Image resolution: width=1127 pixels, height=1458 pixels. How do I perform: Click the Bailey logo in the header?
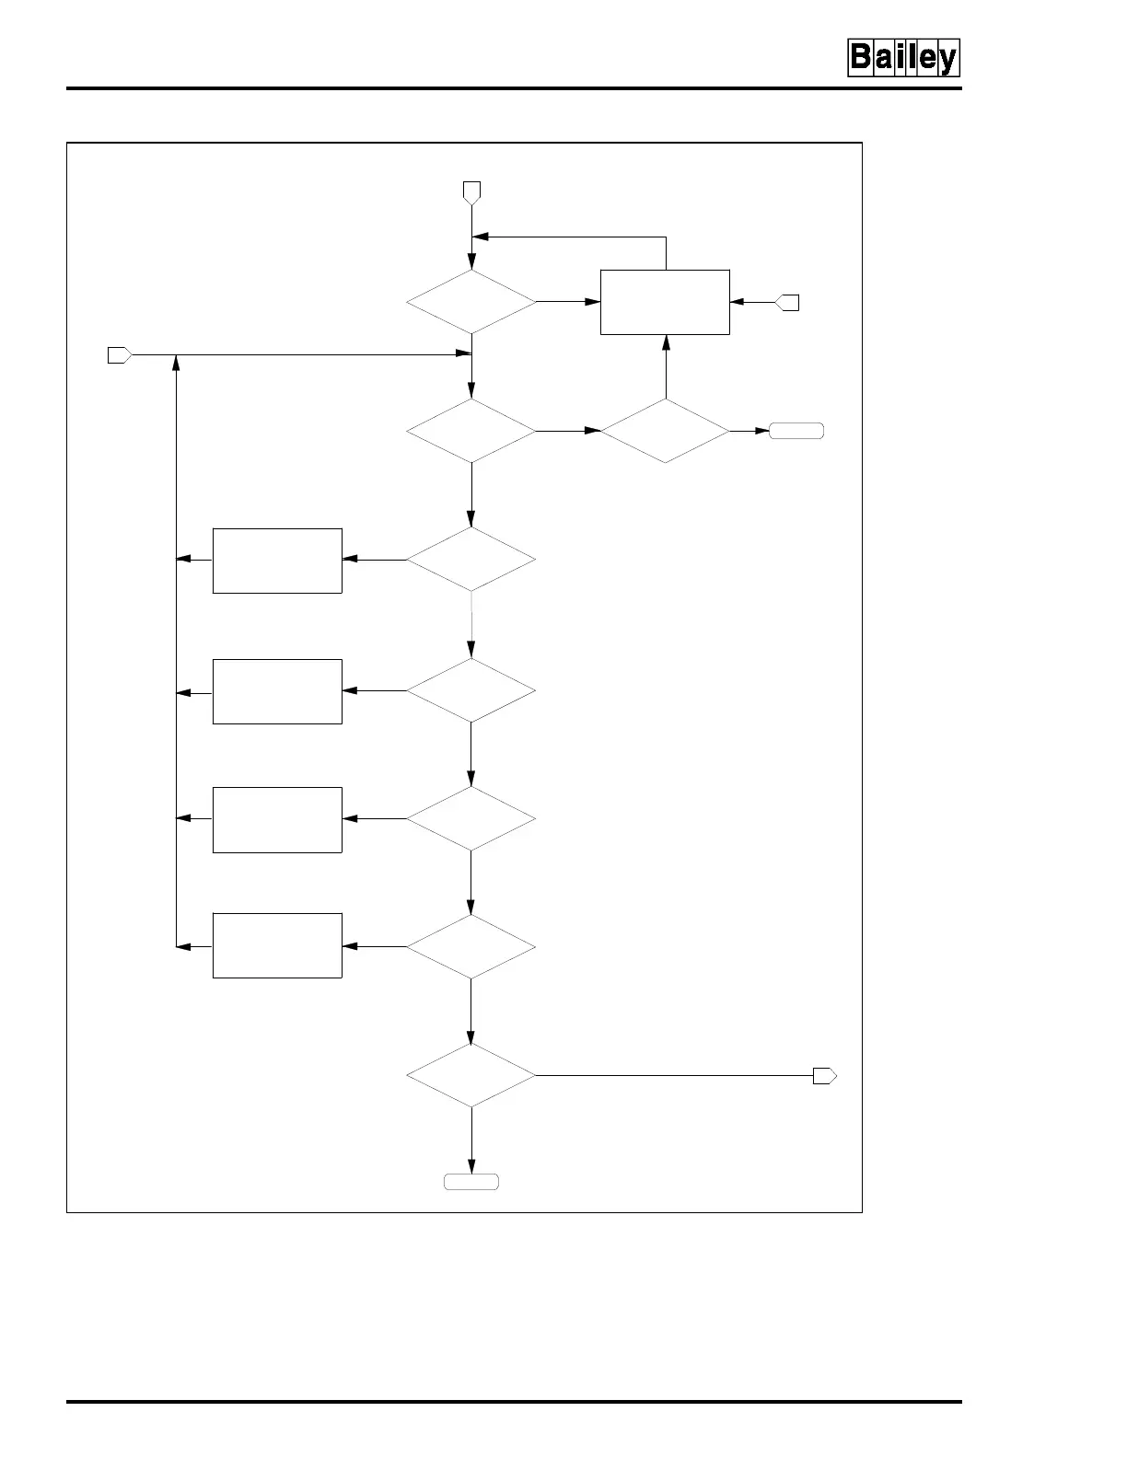pos(903,58)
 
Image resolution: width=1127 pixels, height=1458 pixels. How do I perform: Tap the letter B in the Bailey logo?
pos(861,58)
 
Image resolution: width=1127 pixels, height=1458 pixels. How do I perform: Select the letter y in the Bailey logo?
pos(946,60)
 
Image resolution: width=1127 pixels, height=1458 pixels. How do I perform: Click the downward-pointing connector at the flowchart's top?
pos(471,191)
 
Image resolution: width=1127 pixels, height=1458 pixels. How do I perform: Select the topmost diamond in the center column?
pos(471,302)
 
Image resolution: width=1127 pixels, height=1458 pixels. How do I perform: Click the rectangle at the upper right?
pos(665,302)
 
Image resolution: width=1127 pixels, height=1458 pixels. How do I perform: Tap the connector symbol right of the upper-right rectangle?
pos(788,302)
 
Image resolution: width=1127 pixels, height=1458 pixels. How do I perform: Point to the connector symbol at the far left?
pos(120,355)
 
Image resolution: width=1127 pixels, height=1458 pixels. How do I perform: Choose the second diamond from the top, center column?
pos(471,430)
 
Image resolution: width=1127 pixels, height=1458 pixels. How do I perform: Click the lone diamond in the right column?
pos(665,430)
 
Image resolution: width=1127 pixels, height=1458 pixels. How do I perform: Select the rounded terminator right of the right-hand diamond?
pos(796,430)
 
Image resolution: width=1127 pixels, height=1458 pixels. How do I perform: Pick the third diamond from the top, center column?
pos(471,560)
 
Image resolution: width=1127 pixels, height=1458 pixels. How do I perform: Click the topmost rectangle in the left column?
pos(277,561)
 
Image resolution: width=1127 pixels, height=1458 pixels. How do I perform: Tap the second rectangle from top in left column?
pos(277,691)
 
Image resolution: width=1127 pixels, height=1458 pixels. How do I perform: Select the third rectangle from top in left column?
pos(277,819)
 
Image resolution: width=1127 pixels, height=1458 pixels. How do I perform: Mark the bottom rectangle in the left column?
pos(277,945)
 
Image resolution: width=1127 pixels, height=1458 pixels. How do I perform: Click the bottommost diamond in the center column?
pos(471,1075)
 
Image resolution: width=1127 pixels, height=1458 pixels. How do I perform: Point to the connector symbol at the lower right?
pos(824,1075)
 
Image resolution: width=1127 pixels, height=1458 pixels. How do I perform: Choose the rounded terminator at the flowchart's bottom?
pos(471,1182)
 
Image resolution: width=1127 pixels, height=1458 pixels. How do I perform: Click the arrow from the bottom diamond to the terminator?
pos(471,1141)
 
